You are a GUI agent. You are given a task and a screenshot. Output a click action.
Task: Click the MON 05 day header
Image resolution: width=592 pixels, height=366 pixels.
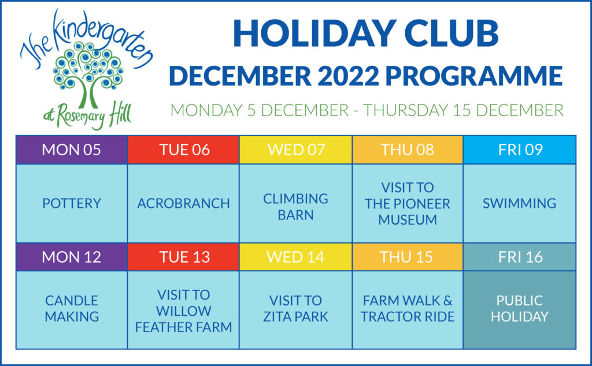pos(72,150)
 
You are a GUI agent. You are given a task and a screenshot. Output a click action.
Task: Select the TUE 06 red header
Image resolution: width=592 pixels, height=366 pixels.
pos(183,150)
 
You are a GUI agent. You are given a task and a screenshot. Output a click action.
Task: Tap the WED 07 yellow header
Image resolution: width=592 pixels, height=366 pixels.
pos(295,150)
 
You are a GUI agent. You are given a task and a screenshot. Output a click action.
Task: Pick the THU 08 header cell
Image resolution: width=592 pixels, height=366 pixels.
pos(408,150)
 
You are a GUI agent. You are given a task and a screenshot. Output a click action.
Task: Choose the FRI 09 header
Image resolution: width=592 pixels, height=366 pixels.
pos(520,150)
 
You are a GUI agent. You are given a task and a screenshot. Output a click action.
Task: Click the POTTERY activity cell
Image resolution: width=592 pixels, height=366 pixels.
pos(72,204)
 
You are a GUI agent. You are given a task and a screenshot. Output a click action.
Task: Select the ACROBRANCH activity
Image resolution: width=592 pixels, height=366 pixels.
pos(183,204)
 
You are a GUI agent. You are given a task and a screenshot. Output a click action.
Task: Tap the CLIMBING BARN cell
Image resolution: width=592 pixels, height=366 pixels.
pos(295,204)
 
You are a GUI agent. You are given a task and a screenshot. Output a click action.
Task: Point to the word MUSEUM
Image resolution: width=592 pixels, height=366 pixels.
pos(408,220)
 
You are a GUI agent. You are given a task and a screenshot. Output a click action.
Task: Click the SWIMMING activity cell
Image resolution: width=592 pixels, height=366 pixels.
pos(520,204)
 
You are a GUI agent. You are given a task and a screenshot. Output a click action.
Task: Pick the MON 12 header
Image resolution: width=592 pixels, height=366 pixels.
pos(72,257)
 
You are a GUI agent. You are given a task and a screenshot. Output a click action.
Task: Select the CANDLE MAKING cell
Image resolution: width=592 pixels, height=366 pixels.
pos(72,310)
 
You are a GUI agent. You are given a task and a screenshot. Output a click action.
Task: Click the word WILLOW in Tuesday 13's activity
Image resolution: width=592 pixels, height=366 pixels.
pos(183,311)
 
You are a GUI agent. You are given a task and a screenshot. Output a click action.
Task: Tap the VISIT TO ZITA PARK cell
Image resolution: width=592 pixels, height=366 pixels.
pos(295,310)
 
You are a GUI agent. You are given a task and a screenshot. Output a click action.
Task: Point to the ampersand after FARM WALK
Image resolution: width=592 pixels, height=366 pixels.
pos(448,301)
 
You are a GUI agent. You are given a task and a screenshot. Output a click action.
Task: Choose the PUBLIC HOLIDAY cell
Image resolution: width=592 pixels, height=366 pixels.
pos(520,310)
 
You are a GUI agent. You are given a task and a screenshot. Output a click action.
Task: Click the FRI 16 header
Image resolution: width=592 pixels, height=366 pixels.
pos(520,257)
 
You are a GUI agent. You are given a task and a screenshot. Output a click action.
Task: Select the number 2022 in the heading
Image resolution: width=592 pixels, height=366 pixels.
pos(348,76)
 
